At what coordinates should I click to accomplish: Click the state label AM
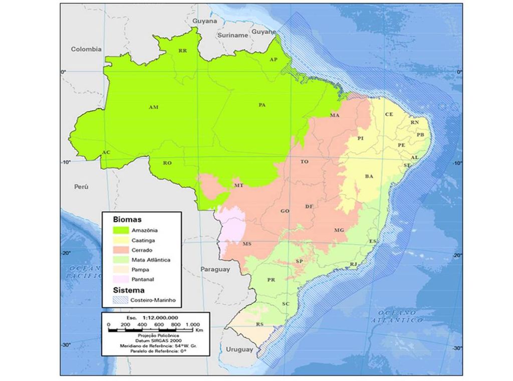point(154,107)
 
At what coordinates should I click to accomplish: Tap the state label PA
point(262,105)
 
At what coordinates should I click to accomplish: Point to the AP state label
point(274,59)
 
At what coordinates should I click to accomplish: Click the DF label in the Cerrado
point(309,207)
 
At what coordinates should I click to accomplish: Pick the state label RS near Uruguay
point(260,325)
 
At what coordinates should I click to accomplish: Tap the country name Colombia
point(86,49)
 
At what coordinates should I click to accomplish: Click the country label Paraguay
point(215,269)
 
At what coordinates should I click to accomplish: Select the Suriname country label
point(232,36)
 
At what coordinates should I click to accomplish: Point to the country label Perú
point(81,186)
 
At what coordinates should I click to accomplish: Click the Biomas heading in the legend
point(127,220)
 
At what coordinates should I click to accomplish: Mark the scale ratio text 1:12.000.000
point(160,318)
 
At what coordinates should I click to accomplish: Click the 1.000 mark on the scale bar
point(192,325)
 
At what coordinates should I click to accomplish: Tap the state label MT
point(239,185)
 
